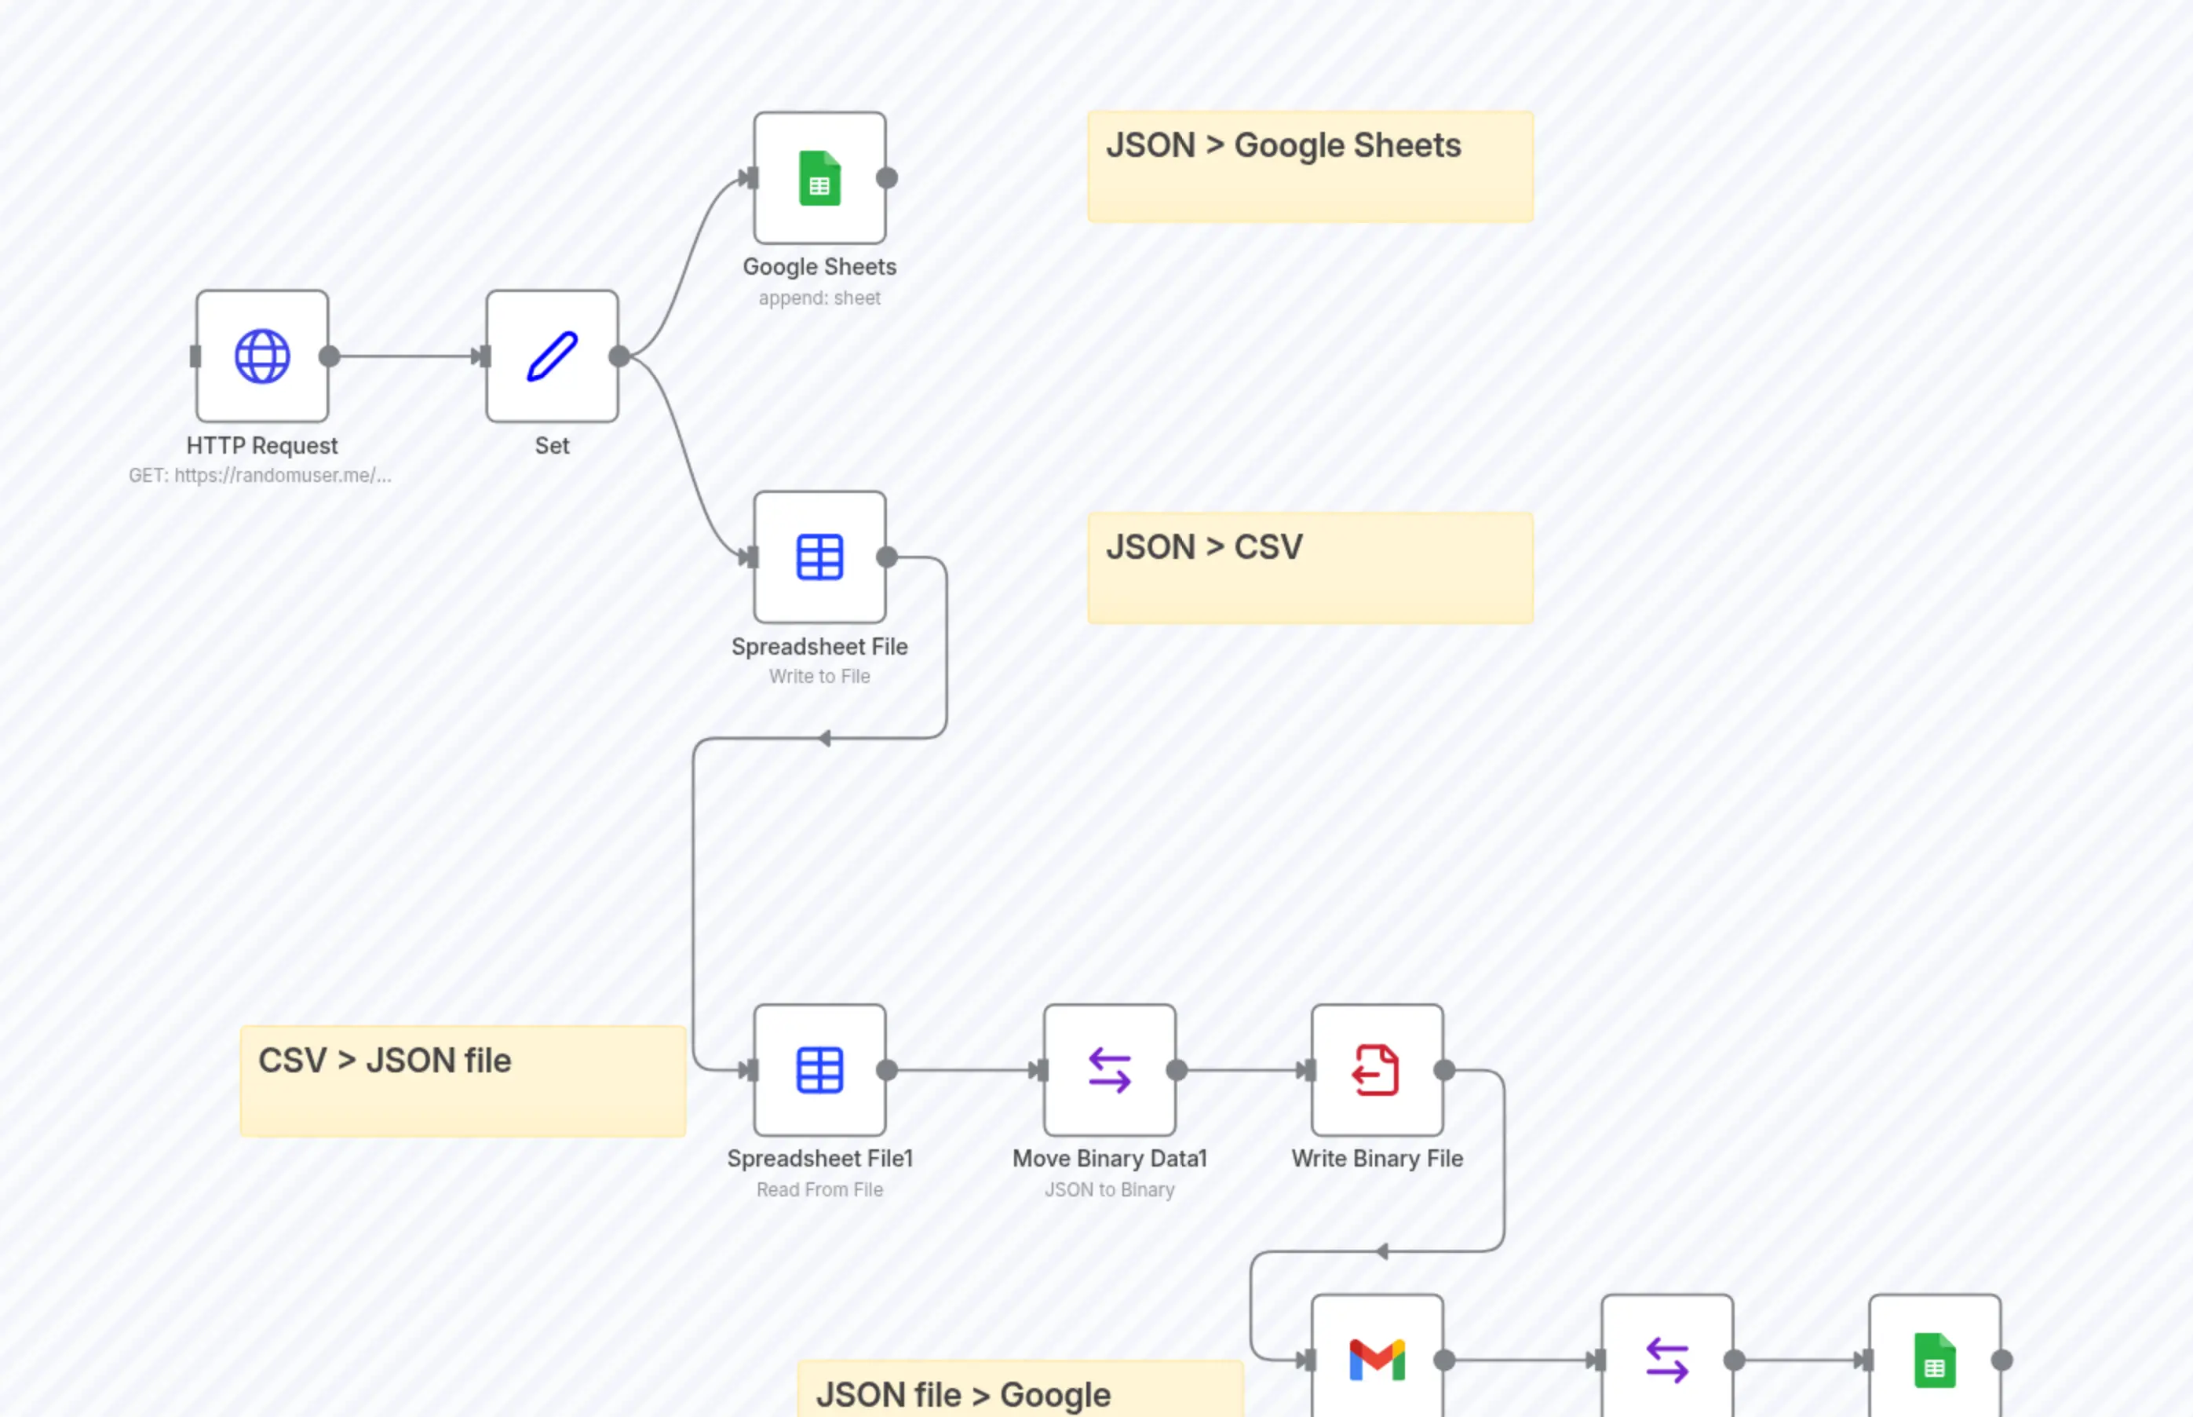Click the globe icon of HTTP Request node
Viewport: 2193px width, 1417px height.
[x=262, y=356]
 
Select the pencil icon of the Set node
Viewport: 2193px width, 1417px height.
[x=552, y=356]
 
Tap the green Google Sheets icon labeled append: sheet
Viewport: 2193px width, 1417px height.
[x=819, y=178]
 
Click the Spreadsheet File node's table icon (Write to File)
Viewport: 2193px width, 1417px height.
[x=819, y=557]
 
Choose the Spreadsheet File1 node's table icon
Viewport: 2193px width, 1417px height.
[x=819, y=1070]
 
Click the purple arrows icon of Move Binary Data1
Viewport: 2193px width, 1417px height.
[x=1109, y=1070]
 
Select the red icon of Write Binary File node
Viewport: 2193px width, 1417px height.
[x=1376, y=1070]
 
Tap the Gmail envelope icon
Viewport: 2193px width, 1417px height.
[x=1376, y=1360]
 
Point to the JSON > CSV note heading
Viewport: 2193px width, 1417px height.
[x=1203, y=546]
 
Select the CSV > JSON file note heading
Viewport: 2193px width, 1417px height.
[x=385, y=1060]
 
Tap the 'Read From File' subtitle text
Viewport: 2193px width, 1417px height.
[x=819, y=1189]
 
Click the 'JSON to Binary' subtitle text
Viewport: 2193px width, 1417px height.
[x=1109, y=1189]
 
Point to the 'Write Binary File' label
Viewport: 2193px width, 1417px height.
[x=1376, y=1159]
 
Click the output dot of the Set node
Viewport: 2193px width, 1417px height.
[x=619, y=356]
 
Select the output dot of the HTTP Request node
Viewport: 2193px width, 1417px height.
[x=330, y=356]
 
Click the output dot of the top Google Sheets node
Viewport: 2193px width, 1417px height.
[x=887, y=178]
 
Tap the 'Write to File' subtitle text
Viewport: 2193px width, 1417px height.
[x=819, y=676]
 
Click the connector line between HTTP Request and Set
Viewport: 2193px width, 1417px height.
[x=405, y=356]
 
